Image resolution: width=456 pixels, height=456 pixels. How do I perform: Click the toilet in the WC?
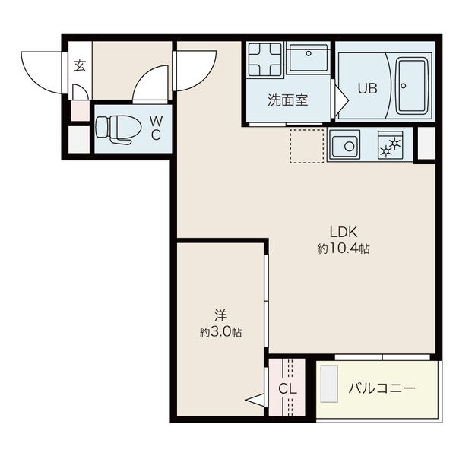[118, 129]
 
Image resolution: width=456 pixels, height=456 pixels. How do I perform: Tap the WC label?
[156, 128]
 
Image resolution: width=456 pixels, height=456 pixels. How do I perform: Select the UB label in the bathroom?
[368, 88]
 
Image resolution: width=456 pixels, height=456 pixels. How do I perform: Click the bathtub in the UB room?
[413, 86]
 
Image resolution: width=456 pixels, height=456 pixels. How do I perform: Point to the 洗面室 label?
[287, 100]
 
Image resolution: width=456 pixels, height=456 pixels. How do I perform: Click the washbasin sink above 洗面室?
[309, 58]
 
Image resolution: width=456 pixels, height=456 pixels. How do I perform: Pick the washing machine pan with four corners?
[265, 59]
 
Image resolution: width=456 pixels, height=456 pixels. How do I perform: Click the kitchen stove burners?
[391, 145]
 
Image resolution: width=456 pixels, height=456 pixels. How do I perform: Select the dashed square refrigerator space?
[307, 146]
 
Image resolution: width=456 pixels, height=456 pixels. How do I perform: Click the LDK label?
[344, 232]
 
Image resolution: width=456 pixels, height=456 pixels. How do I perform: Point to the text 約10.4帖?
[344, 249]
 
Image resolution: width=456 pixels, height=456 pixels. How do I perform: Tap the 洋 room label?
[220, 315]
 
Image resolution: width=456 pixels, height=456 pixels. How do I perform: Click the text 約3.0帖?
[220, 331]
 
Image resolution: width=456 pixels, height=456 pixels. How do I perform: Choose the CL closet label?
[287, 388]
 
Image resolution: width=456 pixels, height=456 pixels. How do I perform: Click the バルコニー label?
[382, 388]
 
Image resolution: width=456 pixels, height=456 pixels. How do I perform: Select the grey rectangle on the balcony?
[329, 384]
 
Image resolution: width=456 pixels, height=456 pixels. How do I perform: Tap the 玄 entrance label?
[80, 65]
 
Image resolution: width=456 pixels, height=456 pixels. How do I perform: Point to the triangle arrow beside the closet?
[255, 401]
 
